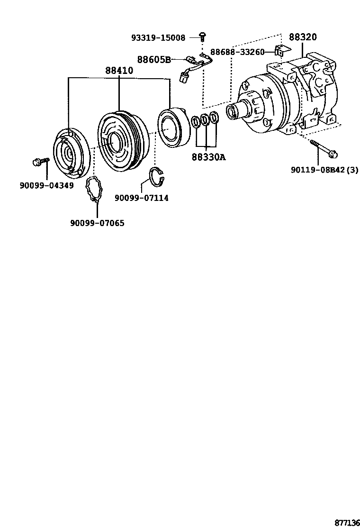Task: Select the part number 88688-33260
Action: [x=237, y=52]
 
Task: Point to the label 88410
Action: [x=119, y=71]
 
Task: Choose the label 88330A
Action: [x=208, y=157]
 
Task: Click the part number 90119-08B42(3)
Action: [x=324, y=170]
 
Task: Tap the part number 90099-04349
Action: [x=46, y=185]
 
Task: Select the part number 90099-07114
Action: [x=141, y=198]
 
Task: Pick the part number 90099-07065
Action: [x=97, y=223]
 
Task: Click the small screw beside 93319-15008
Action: [x=202, y=36]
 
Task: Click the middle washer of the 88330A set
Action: [x=205, y=120]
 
